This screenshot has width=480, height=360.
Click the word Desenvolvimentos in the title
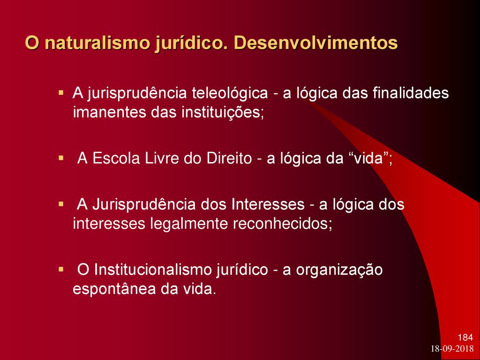pos(316,43)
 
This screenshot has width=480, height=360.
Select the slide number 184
pos(465,337)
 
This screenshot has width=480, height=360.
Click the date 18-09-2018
pos(452,349)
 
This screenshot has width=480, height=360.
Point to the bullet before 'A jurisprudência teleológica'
pos(61,92)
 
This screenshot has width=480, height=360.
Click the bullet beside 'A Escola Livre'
pos(61,158)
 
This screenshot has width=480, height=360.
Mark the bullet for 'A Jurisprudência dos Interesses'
pos(61,203)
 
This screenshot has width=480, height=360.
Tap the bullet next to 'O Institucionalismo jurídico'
pos(61,270)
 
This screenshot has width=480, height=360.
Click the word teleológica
pos(230,93)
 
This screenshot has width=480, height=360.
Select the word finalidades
pos(411,93)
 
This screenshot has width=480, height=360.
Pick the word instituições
pos(223,113)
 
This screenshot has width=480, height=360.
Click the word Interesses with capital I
pos(268,204)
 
